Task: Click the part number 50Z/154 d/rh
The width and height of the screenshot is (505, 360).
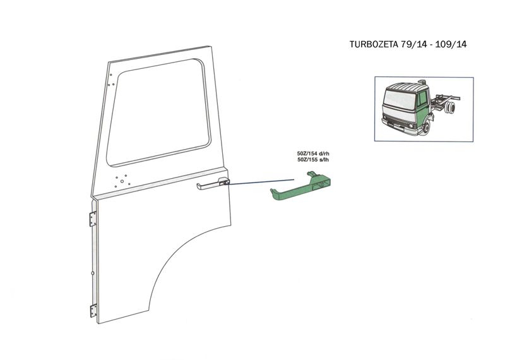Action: coord(313,153)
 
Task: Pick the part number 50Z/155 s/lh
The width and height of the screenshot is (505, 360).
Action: coord(313,160)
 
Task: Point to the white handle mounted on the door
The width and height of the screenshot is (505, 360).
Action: coord(212,184)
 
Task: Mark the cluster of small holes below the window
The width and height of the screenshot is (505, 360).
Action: coord(121,181)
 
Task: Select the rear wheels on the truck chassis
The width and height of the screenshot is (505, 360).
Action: coord(449,111)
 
